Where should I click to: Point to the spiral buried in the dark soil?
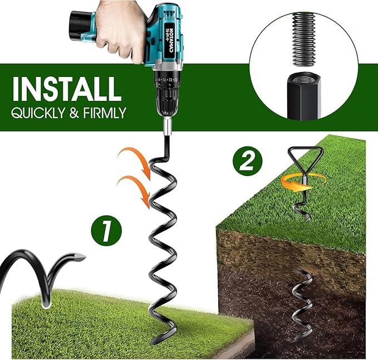click(x=304, y=301)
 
